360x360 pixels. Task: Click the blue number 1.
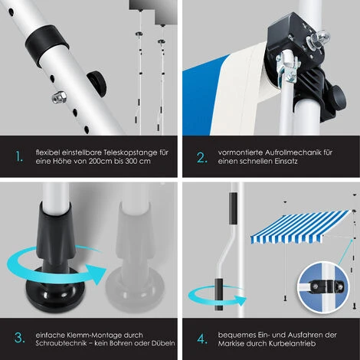19,156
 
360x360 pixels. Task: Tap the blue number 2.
201,158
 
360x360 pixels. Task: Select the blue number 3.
20,338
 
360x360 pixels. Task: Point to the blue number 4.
202,339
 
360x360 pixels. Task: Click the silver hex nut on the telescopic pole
59,97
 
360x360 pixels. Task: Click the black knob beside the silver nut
97,83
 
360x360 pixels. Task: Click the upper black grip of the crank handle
233,208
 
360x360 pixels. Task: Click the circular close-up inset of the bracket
324,287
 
